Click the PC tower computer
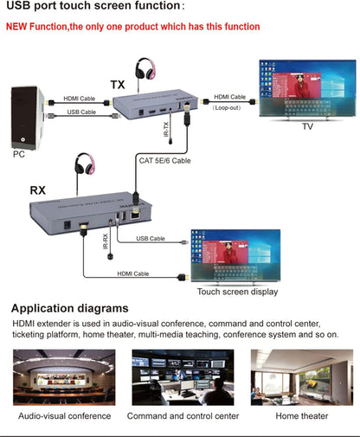[x=27, y=115]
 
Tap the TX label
[x=118, y=85]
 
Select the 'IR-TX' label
[x=166, y=131]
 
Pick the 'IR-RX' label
[x=106, y=241]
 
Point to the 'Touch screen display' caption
[x=238, y=292]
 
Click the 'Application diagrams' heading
[x=70, y=308]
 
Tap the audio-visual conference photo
[x=64, y=376]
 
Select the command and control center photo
[x=182, y=376]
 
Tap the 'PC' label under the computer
[x=19, y=155]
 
